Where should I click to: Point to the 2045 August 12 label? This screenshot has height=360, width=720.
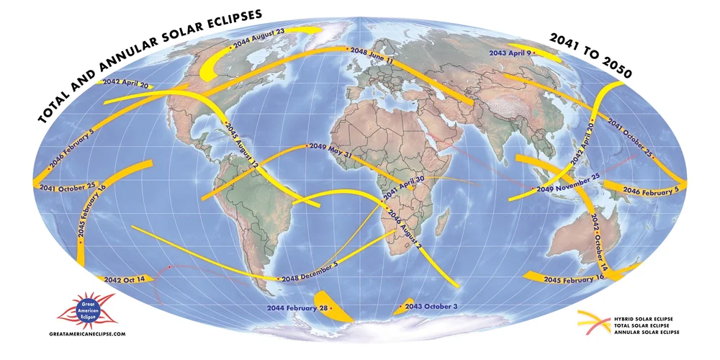coord(243,145)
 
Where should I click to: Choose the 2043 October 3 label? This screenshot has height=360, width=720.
coord(431,307)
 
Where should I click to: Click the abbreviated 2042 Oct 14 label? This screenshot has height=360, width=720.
coord(124,279)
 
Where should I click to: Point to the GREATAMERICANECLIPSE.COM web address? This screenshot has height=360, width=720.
coord(88,335)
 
